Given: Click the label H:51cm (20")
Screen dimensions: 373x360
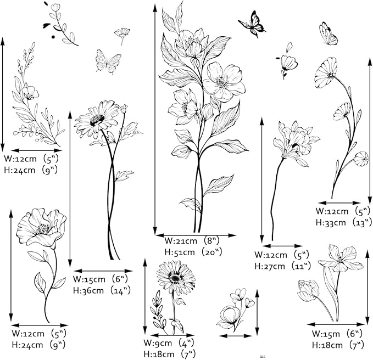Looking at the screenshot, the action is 193,252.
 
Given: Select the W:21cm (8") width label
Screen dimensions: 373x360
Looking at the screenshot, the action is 192,241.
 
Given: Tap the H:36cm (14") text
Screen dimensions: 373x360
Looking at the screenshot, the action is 102,290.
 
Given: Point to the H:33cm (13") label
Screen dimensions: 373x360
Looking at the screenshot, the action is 343,223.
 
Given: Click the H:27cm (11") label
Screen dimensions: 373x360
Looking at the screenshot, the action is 282,266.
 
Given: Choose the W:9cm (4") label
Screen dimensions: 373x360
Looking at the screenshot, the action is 169,343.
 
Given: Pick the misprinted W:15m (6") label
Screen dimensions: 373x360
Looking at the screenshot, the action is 337,334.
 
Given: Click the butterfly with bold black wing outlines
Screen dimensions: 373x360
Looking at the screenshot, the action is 253,24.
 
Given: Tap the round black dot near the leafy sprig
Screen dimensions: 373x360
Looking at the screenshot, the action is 53,37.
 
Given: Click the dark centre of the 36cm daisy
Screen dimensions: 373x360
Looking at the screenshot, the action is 97,120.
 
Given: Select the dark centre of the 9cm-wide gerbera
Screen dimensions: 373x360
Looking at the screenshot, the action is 175,278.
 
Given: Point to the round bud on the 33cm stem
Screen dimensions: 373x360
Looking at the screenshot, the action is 361,159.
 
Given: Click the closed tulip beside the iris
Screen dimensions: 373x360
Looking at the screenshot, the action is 308,290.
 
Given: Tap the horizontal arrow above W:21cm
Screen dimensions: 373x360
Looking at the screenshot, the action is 196,235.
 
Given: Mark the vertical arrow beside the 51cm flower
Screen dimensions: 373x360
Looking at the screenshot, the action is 155,119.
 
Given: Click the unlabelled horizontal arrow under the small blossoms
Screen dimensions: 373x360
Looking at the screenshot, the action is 235,336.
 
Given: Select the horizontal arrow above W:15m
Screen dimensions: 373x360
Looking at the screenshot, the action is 336,324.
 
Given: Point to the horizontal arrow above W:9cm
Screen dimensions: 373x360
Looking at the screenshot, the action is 172,335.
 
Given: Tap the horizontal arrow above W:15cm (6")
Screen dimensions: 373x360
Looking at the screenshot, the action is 103,271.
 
